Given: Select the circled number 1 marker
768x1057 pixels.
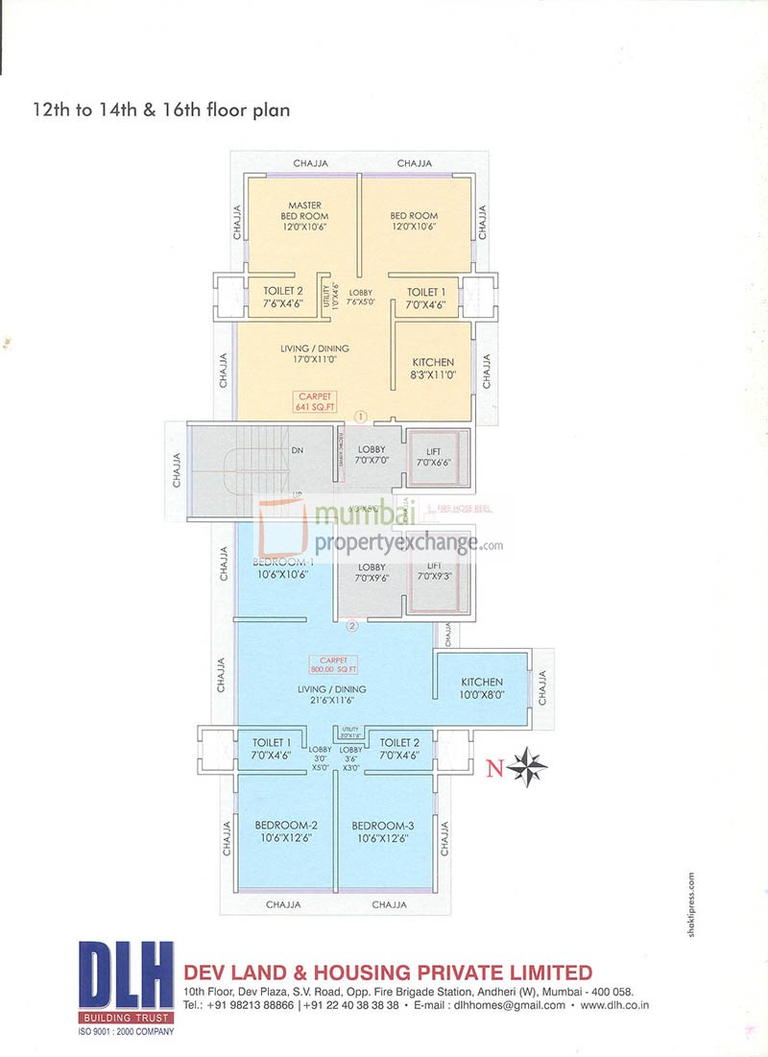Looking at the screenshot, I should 361,417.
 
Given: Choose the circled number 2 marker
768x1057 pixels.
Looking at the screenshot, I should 352,626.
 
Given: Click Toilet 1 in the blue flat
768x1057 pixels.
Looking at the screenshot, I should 272,749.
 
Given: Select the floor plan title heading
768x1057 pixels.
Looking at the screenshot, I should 161,110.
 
